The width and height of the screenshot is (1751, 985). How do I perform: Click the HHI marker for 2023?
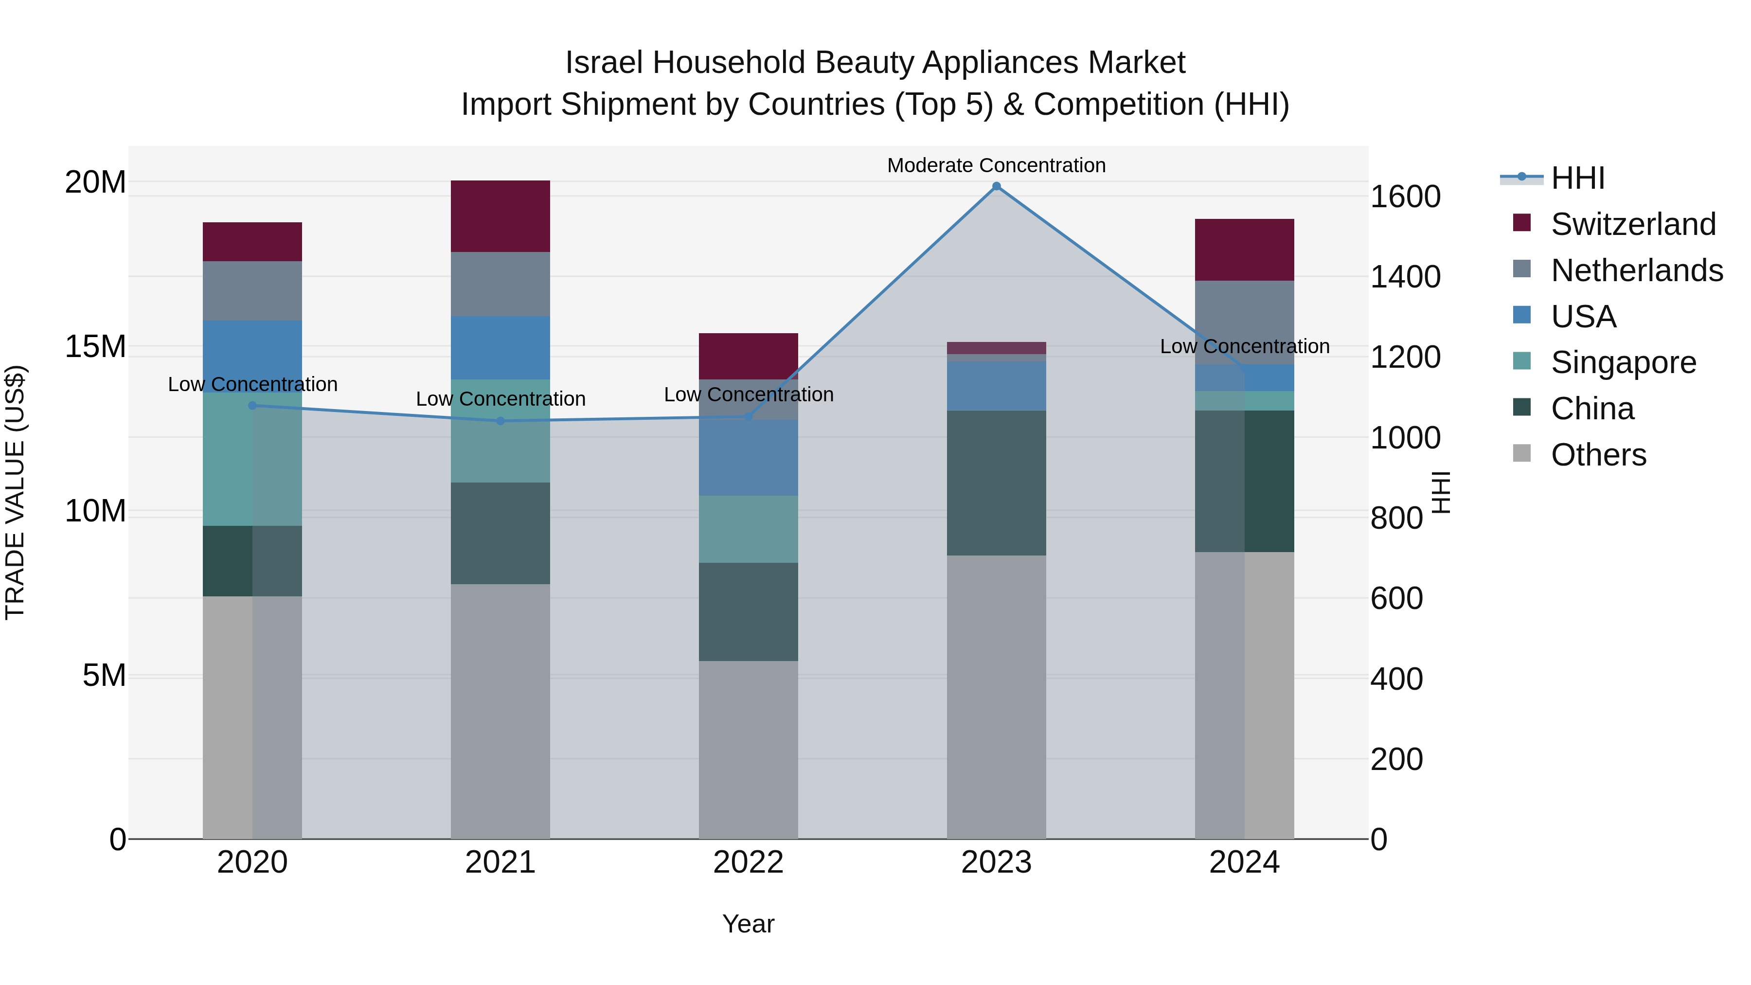coord(997,186)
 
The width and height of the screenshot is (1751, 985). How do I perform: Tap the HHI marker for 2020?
coord(252,405)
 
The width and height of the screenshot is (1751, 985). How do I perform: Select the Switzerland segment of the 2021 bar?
coord(500,216)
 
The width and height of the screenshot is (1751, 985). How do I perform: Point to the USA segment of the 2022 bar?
coord(749,458)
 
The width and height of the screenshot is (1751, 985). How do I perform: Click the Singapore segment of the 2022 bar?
coord(749,529)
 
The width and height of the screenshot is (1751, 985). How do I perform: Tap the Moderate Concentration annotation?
coord(997,165)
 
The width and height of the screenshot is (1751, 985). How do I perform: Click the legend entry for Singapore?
coord(1623,362)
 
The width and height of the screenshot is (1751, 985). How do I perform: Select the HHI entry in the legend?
coord(1577,178)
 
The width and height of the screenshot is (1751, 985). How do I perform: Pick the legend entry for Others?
coord(1598,455)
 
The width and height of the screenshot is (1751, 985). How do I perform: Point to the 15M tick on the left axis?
coord(96,347)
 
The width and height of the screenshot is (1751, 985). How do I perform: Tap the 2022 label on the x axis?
coord(749,862)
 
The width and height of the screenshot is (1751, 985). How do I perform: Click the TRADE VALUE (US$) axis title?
coord(16,492)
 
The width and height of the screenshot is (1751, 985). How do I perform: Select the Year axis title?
coord(749,924)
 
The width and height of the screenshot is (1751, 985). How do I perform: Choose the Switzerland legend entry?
coord(1633,224)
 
